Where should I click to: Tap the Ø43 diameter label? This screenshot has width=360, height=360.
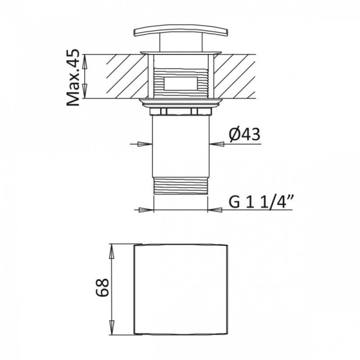click(245, 136)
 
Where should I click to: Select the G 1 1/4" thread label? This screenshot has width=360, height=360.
click(259, 201)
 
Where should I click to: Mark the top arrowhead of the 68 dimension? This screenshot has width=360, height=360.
click(112, 248)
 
